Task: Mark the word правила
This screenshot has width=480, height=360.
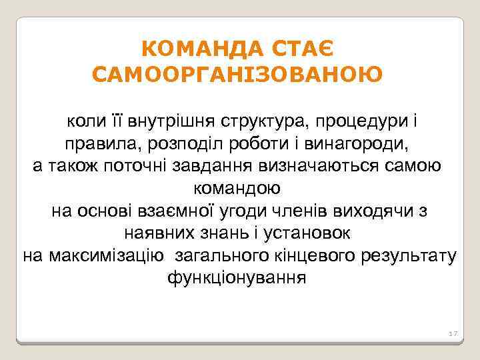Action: pyautogui.click(x=97, y=143)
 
